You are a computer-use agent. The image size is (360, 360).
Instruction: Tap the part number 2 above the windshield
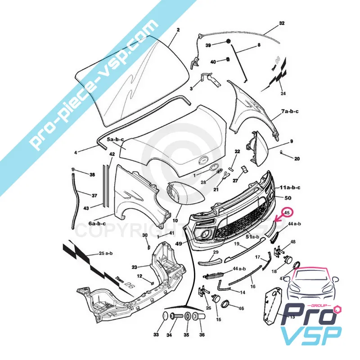click(178, 30)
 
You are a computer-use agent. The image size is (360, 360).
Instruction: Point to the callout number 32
click(282, 23)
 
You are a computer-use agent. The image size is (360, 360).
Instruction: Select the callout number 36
click(202, 335)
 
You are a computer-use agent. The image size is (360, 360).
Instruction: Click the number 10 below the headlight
click(175, 220)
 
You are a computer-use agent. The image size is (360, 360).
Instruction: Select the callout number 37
click(94, 196)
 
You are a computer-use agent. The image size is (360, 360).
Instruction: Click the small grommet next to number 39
click(228, 41)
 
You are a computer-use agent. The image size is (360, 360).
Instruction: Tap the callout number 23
click(134, 267)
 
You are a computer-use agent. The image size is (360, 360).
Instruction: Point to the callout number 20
click(297, 159)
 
